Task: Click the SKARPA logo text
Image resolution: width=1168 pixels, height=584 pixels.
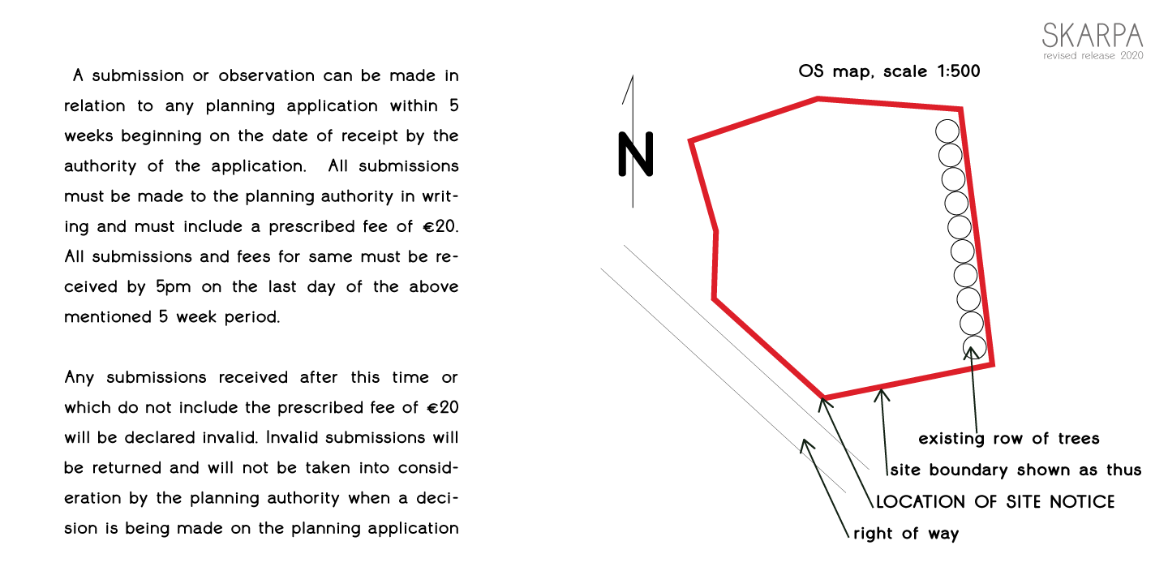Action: tap(1093, 36)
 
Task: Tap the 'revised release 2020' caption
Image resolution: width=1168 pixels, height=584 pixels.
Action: tap(1093, 56)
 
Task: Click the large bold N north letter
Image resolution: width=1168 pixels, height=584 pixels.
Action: tap(636, 154)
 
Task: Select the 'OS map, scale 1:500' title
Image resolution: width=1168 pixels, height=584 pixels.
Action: tap(889, 71)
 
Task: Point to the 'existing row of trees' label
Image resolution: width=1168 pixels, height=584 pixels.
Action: tap(1009, 439)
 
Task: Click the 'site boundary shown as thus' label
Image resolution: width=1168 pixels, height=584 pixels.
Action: tap(1016, 470)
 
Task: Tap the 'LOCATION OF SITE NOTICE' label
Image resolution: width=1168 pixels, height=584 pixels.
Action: tap(995, 501)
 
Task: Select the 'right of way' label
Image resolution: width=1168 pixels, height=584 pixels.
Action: tap(906, 534)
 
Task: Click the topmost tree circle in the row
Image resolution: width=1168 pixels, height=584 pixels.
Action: tap(947, 131)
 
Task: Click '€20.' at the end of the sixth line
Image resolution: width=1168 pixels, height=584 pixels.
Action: tap(440, 227)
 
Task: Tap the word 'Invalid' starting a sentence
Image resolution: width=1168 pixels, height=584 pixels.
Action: tap(291, 437)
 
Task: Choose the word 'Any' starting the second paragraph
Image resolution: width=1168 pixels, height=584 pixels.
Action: tap(79, 378)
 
